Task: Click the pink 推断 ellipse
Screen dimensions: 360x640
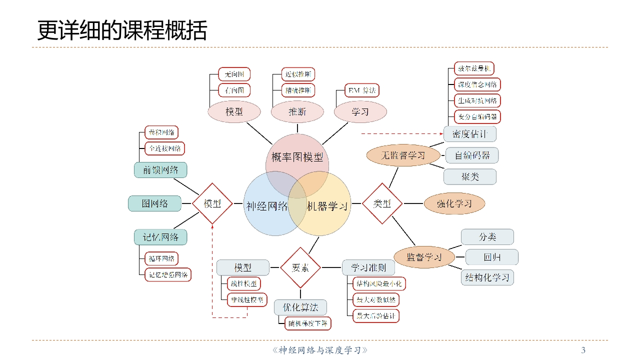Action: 297,112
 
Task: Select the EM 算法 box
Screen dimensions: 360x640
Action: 362,90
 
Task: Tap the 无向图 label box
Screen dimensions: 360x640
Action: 234,74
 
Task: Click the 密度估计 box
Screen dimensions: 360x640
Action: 469,134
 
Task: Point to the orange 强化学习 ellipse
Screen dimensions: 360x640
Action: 454,203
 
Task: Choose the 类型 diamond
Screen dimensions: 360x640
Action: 382,203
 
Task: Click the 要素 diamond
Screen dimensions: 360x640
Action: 300,267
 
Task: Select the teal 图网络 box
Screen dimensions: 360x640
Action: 154,203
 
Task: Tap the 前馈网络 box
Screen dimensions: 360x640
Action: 160,170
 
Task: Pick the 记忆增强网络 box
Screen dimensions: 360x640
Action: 167,274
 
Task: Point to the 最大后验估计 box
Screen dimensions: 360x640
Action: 376,316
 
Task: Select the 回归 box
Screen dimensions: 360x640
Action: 491,257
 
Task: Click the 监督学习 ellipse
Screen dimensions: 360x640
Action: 424,257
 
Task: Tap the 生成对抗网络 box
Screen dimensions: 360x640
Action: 477,100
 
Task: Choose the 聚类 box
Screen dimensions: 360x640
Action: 469,176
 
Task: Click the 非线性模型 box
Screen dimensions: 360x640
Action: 247,300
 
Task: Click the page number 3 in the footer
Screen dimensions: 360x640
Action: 583,350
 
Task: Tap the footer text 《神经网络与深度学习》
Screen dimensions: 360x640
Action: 320,350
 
